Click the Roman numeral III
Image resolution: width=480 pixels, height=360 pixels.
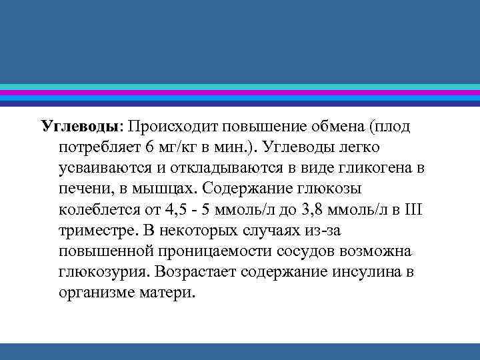413,210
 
